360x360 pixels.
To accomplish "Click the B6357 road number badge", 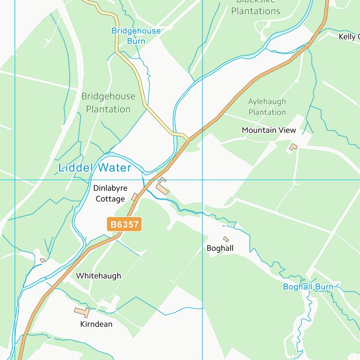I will click(x=124, y=225).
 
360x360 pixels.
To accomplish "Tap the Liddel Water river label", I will click(x=95, y=167).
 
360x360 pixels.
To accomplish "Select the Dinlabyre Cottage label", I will click(x=110, y=194).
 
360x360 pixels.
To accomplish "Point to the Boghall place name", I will click(x=220, y=248).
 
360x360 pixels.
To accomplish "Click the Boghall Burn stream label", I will click(x=308, y=287).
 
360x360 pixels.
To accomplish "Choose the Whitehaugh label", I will click(x=98, y=276).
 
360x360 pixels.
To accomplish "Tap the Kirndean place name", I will click(x=96, y=324).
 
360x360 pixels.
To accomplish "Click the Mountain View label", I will click(x=269, y=130).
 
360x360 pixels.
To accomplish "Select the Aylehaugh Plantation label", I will click(x=267, y=107).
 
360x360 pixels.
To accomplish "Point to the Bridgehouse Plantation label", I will click(x=108, y=103).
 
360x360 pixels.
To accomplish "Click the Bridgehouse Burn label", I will click(x=136, y=36).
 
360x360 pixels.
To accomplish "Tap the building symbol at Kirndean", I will click(x=82, y=311).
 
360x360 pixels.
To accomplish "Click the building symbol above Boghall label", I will click(x=226, y=239).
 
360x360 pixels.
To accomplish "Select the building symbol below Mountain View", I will click(x=293, y=147).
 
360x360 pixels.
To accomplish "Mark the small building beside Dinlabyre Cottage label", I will click(x=135, y=197).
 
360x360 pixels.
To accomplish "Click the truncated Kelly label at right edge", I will click(x=349, y=37).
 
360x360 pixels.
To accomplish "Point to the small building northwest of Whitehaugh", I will click(x=43, y=260).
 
